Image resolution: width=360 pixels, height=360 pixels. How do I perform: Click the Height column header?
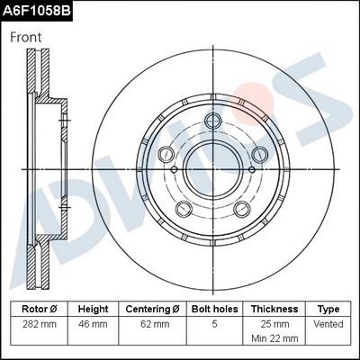point(94,309)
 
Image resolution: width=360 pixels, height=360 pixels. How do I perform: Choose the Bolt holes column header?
point(215,309)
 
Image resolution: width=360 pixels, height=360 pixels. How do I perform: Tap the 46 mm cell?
point(94,323)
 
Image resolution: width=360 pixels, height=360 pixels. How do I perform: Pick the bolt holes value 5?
point(215,323)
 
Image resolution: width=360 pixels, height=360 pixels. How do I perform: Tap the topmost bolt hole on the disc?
point(213,123)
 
